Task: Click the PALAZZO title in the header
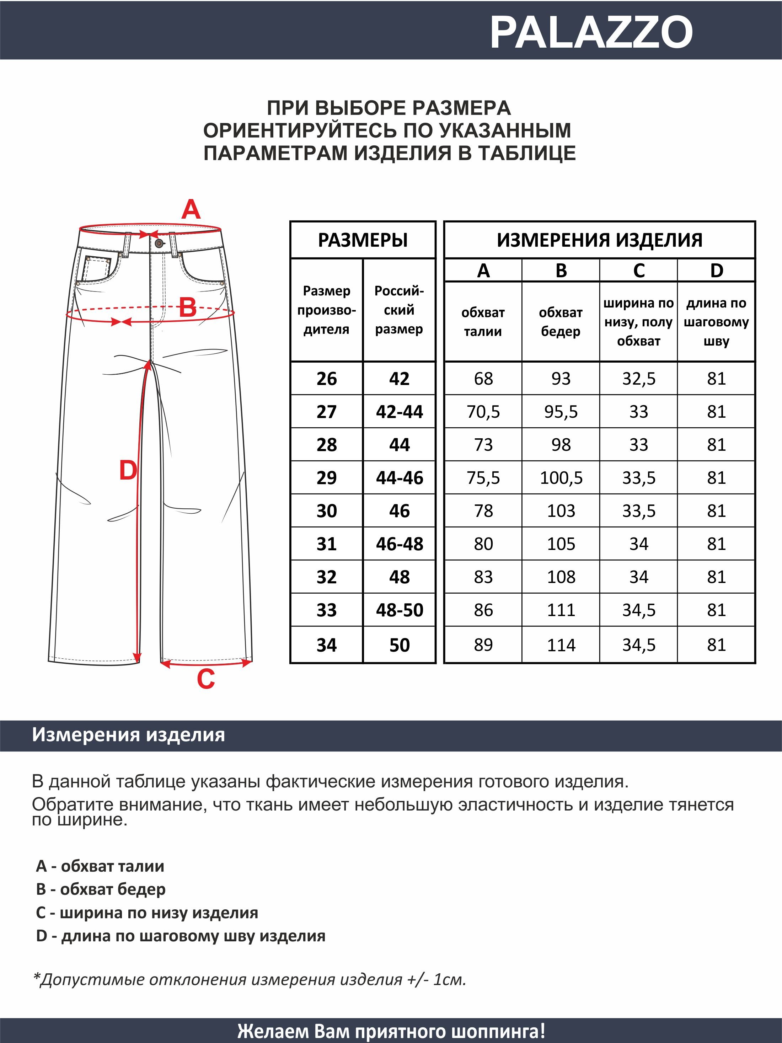pyautogui.click(x=591, y=32)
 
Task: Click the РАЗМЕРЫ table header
pyautogui.click(x=363, y=240)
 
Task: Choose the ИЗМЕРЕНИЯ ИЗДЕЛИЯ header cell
pyautogui.click(x=599, y=240)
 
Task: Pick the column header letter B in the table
pyautogui.click(x=561, y=271)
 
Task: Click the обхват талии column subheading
pyautogui.click(x=483, y=322)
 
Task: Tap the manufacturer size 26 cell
pyautogui.click(x=327, y=379)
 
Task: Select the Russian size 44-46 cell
pyautogui.click(x=399, y=478)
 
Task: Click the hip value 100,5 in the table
pyautogui.click(x=561, y=478)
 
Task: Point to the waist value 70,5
pyautogui.click(x=483, y=412)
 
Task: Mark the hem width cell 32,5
pyautogui.click(x=639, y=379)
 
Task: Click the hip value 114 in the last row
pyautogui.click(x=561, y=644)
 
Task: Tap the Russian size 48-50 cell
pyautogui.click(x=399, y=610)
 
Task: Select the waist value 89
pyautogui.click(x=483, y=644)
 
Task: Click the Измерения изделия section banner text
pyautogui.click(x=128, y=735)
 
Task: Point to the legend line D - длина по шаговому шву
pyautogui.click(x=181, y=936)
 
